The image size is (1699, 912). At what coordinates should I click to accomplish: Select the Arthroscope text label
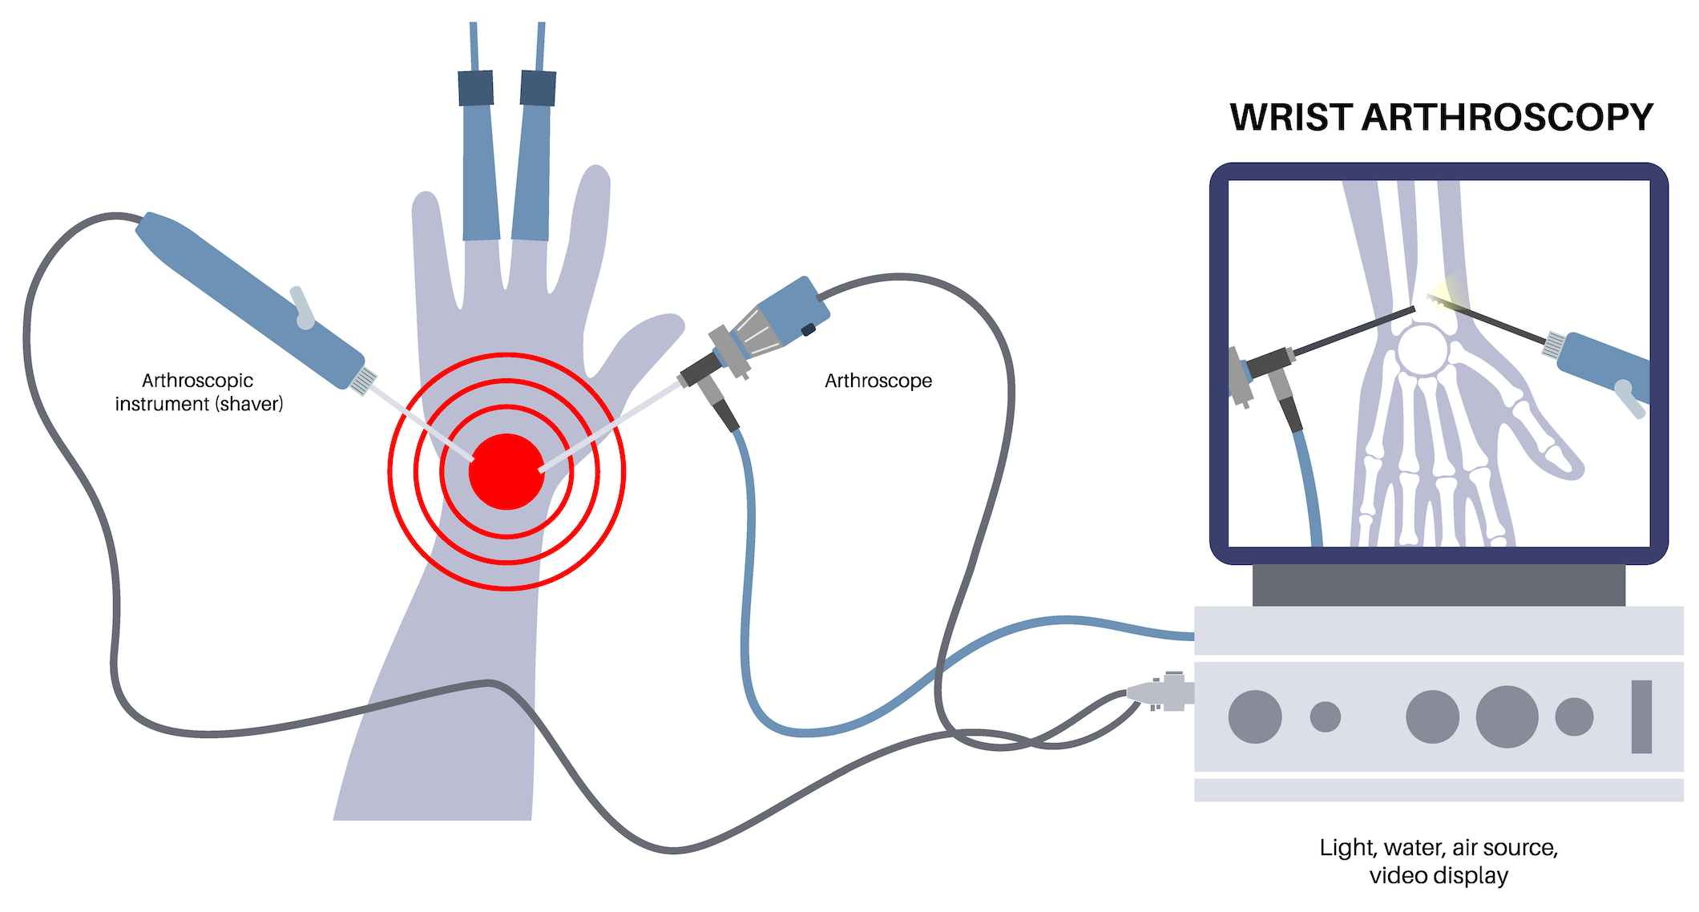(878, 381)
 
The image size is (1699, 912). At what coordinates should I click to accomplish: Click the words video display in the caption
(1439, 876)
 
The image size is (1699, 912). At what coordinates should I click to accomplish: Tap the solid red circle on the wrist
(506, 471)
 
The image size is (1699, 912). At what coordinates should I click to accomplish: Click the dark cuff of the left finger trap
(475, 88)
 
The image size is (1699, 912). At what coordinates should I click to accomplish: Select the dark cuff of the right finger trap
(538, 88)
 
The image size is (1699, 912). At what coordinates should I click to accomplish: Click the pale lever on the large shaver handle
(301, 307)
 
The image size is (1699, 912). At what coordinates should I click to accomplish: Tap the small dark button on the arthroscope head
(808, 329)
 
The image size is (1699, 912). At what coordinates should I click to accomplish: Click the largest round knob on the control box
(1507, 716)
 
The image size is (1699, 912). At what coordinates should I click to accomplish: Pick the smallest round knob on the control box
(1325, 716)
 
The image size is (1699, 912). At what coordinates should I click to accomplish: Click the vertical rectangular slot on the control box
(1641, 716)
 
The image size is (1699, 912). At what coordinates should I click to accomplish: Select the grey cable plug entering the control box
(1162, 691)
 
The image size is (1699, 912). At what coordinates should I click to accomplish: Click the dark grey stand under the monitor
(1439, 585)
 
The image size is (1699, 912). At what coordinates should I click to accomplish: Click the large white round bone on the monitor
(1423, 350)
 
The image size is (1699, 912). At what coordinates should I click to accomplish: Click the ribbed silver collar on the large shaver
(364, 380)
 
